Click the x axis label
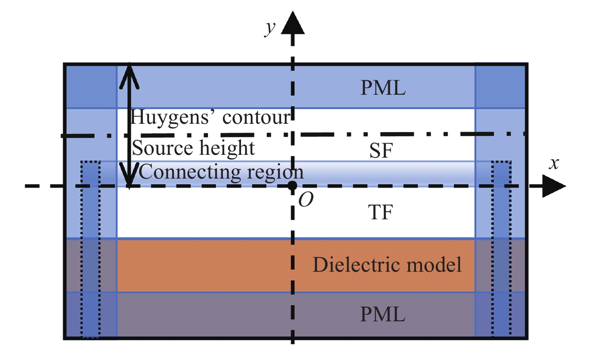(554, 163)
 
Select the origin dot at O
(293, 186)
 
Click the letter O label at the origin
(306, 200)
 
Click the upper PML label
(383, 88)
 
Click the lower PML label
(383, 314)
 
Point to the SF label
(381, 151)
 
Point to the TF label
(381, 212)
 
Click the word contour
(256, 118)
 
